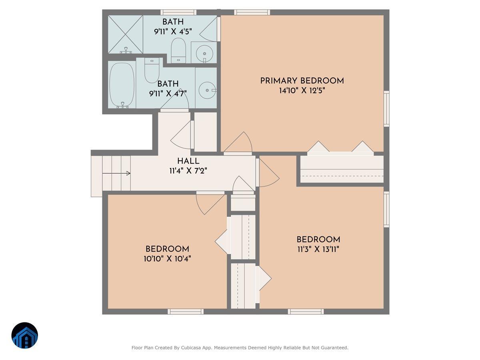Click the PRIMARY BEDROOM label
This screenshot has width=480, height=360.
[x=302, y=81]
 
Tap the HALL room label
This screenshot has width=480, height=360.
[x=188, y=161]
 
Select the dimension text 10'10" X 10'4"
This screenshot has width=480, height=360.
[x=167, y=259]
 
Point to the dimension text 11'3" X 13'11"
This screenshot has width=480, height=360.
[x=318, y=250]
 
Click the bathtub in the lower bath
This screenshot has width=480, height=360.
[x=122, y=85]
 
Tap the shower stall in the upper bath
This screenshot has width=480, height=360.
[x=126, y=34]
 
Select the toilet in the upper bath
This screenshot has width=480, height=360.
[x=178, y=50]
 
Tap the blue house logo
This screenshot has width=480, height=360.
[x=25, y=336]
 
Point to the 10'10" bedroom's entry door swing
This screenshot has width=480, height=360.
[x=210, y=203]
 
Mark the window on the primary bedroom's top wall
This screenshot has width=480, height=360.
[x=252, y=12]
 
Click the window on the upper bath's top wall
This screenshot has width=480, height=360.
[x=178, y=12]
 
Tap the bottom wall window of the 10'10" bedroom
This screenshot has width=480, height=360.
[x=186, y=311]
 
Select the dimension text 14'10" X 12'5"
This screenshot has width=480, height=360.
[x=302, y=91]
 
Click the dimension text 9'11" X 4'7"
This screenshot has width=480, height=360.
[x=168, y=94]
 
